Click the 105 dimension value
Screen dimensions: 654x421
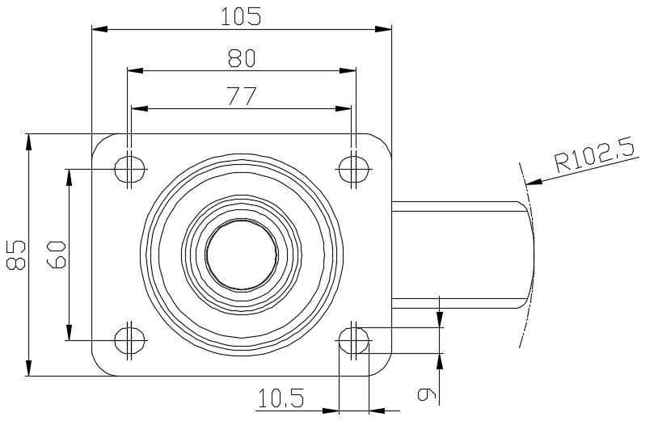click(x=241, y=17)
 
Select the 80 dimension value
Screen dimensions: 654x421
click(x=242, y=58)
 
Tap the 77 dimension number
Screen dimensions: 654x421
click(x=242, y=96)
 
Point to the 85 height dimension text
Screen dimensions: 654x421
click(x=16, y=255)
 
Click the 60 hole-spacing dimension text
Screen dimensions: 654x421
click(x=57, y=255)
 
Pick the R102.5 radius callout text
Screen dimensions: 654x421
click(x=595, y=156)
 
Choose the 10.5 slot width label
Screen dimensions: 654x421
click(x=281, y=398)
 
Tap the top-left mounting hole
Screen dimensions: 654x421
click(x=130, y=169)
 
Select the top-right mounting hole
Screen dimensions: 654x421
click(x=354, y=169)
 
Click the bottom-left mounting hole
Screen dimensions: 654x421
click(x=130, y=340)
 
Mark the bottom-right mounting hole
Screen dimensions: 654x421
click(x=354, y=340)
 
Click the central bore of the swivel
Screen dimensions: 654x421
click(x=242, y=255)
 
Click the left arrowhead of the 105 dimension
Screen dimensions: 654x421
click(x=100, y=29)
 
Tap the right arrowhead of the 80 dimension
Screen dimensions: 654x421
click(x=348, y=71)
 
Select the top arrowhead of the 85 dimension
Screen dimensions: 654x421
click(x=28, y=141)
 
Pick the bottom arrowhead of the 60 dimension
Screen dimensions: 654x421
click(x=70, y=332)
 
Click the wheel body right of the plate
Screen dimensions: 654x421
click(x=463, y=255)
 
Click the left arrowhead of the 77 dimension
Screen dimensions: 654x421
click(x=140, y=109)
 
